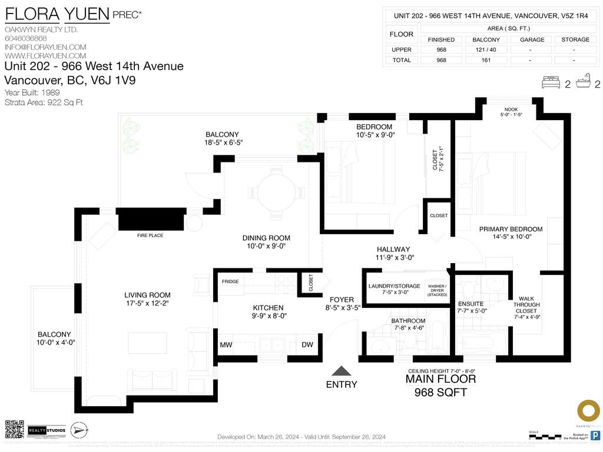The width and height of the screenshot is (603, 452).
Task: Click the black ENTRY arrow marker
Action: pyautogui.click(x=341, y=371)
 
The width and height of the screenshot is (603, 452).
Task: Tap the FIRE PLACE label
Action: pyautogui.click(x=150, y=235)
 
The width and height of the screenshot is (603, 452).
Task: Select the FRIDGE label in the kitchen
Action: pyautogui.click(x=230, y=281)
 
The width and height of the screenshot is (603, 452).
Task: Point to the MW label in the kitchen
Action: pyautogui.click(x=226, y=345)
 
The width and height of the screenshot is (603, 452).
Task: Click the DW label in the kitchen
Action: pyautogui.click(x=307, y=345)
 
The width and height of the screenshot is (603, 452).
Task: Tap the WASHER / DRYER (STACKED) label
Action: pyautogui.click(x=437, y=290)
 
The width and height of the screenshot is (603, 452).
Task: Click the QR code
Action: pyautogui.click(x=15, y=429)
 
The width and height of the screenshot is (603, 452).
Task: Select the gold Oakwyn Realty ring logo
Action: pyautogui.click(x=587, y=411)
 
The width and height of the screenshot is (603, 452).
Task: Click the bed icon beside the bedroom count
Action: pyautogui.click(x=551, y=82)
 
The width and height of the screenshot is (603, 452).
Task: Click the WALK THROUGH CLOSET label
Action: pyautogui.click(x=526, y=304)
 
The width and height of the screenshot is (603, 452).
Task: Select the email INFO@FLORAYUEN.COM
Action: pyautogui.click(x=45, y=47)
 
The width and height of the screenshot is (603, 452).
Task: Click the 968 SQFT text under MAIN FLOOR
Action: pyautogui.click(x=440, y=392)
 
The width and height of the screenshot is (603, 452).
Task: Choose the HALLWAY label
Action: pyautogui.click(x=393, y=249)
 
